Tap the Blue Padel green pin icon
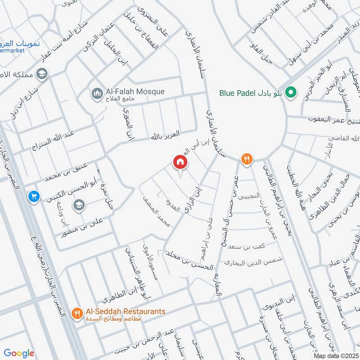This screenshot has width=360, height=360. [x=291, y=93]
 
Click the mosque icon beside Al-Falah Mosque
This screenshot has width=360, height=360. [x=96, y=93]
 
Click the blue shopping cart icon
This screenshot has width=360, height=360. [x=33, y=196]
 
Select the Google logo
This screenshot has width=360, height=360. [x=19, y=353]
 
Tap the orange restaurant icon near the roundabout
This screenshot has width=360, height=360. [x=246, y=159]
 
